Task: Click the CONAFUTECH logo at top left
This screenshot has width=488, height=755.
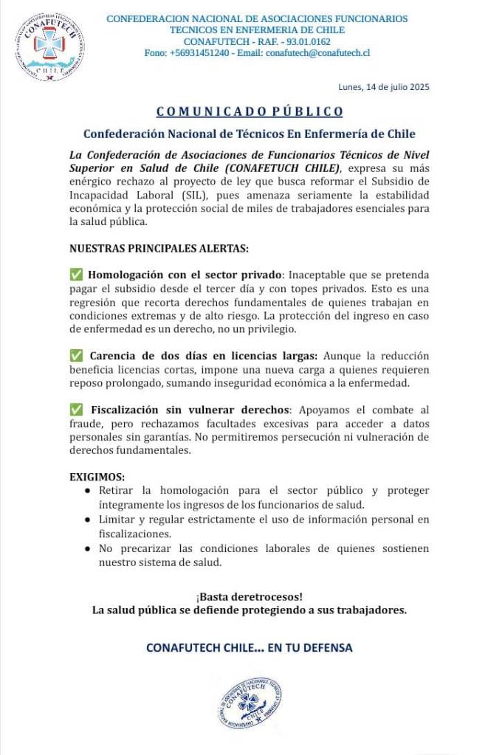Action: pos(50,46)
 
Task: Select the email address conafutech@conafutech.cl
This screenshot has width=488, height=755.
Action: pos(317,53)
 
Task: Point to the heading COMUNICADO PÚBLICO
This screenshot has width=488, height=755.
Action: pos(250,111)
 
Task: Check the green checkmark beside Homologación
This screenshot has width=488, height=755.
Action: pos(76,275)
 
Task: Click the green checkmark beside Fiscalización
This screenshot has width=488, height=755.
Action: pos(76,410)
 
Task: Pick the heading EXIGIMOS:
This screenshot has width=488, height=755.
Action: pos(97,476)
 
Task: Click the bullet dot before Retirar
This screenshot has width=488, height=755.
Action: pos(88,490)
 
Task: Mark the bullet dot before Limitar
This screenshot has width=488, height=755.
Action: pos(88,520)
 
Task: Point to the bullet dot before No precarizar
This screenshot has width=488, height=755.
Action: pos(88,549)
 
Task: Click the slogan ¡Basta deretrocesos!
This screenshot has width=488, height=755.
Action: pos(250,596)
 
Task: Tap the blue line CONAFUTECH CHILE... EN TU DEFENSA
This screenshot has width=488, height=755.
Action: pos(250,648)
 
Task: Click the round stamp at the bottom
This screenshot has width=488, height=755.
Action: pos(250,703)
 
